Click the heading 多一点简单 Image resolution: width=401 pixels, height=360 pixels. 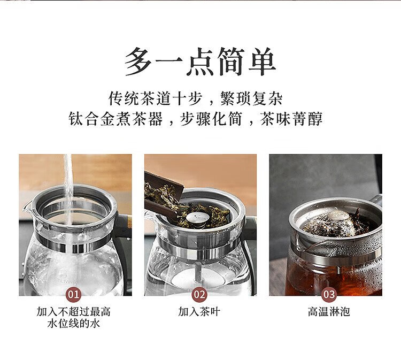200,62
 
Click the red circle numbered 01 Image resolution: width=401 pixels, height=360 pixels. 74,294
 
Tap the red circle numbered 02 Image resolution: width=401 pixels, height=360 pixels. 199,294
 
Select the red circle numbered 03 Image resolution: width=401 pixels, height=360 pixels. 329,294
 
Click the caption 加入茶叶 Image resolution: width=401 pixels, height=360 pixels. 199,312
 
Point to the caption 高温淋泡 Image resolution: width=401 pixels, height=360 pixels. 329,312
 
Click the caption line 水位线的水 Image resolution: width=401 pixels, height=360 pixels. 74,324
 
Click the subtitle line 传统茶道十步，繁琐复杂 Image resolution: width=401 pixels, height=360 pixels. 195,98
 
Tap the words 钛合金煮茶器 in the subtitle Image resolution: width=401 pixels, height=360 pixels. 115,119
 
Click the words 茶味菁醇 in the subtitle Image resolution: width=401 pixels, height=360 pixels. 291,119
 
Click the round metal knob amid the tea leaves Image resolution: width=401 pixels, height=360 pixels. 196,218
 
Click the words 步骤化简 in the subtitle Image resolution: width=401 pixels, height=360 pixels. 211,119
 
